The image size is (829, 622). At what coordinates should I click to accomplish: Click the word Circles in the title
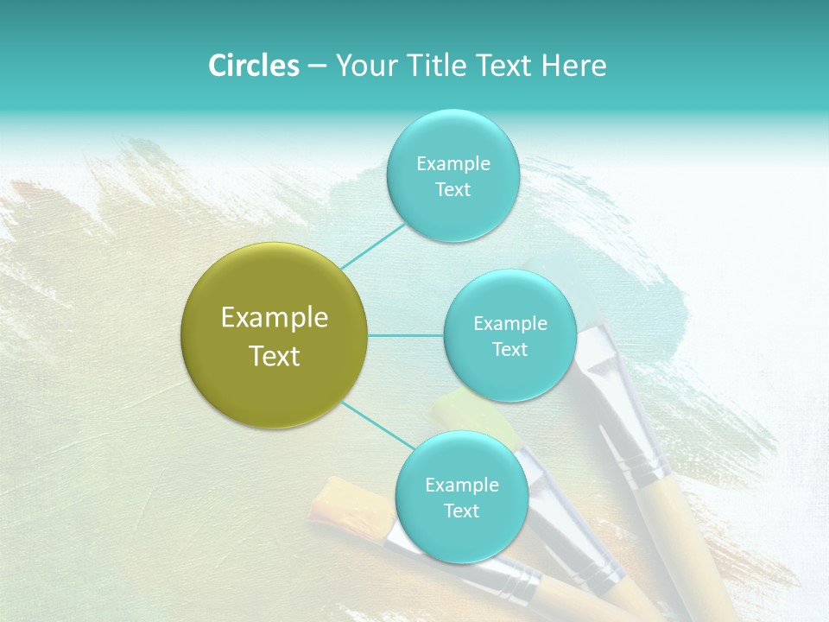click(x=253, y=66)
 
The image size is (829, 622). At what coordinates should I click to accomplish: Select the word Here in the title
click(x=574, y=66)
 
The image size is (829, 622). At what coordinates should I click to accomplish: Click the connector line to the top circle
click(x=373, y=246)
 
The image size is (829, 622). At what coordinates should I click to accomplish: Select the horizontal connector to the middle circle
click(x=406, y=335)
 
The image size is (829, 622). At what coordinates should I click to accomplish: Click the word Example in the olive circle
click(x=275, y=318)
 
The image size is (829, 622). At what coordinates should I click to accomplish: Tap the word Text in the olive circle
click(x=275, y=356)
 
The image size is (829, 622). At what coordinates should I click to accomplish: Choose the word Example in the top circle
click(x=452, y=164)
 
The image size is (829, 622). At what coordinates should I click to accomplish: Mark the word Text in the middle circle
click(x=509, y=349)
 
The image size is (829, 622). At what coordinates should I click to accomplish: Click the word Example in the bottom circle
click(x=461, y=486)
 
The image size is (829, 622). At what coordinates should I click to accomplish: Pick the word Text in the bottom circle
click(x=461, y=511)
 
